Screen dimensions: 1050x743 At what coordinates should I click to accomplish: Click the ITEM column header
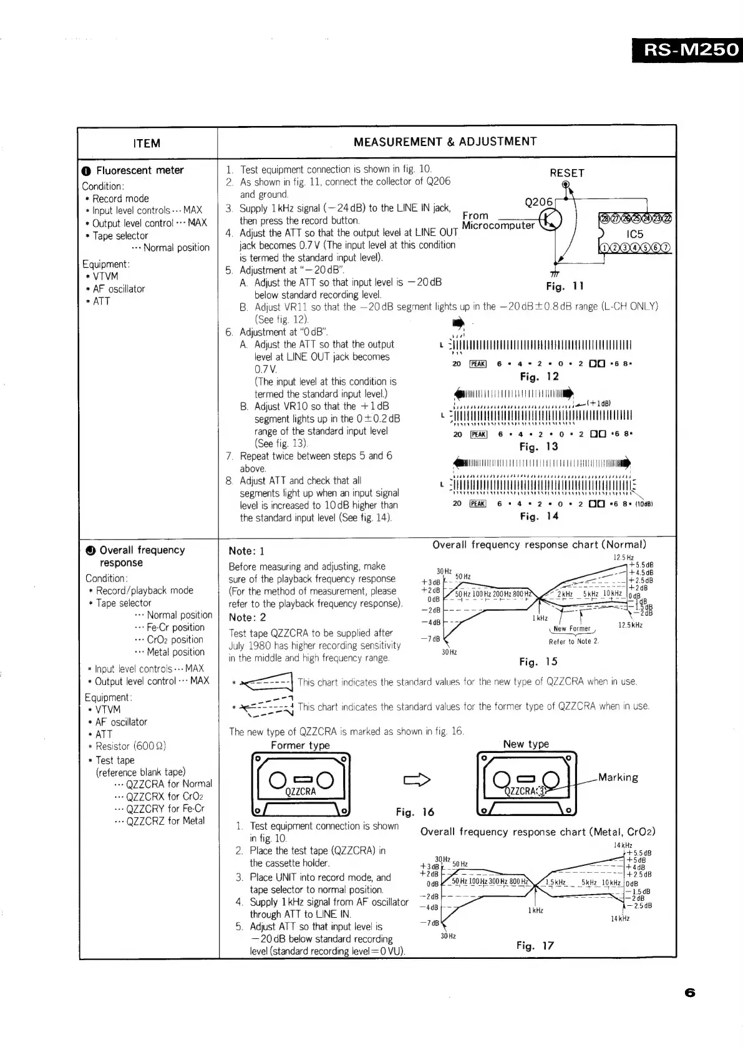coord(147,143)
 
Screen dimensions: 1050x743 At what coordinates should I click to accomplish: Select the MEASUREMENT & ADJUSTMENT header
coord(445,142)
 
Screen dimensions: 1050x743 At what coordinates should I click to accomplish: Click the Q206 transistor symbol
coord(551,219)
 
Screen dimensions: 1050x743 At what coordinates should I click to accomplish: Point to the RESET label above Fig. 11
coord(566,173)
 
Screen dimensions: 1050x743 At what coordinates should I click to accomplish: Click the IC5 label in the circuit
coord(634,235)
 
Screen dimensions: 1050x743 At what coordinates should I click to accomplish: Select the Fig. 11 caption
coord(564,286)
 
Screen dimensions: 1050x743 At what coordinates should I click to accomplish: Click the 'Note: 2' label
coord(247,617)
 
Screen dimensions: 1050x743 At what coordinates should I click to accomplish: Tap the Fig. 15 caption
coord(538,662)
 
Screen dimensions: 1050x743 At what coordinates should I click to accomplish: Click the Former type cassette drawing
coord(301,784)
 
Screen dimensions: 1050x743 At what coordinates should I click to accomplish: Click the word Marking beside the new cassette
coord(618,777)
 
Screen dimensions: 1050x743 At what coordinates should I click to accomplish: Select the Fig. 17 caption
coord(535,945)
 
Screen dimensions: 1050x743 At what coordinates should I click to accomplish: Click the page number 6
coord(689,993)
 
